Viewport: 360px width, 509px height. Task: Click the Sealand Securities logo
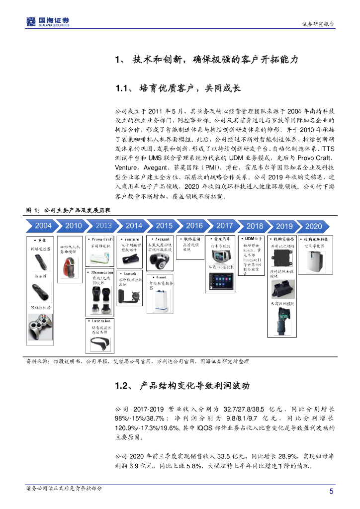click(x=47, y=21)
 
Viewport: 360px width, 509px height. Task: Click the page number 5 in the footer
click(x=331, y=492)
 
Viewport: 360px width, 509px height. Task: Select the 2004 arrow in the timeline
click(x=43, y=226)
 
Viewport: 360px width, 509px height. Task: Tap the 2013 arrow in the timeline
click(x=103, y=226)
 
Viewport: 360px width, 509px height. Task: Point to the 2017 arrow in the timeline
click(x=224, y=226)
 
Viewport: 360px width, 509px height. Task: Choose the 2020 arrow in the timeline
click(x=313, y=226)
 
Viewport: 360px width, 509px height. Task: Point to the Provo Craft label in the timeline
click(x=103, y=239)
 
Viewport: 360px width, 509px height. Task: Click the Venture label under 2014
click(x=132, y=239)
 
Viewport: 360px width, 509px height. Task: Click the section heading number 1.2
click(x=122, y=386)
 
